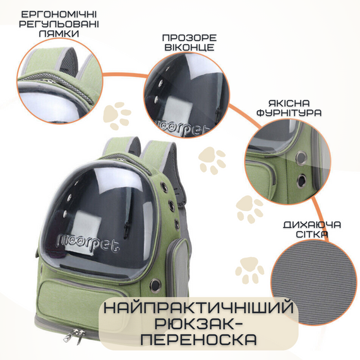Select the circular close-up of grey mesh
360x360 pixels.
tap(313, 278)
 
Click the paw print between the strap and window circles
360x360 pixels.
tap(117, 116)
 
